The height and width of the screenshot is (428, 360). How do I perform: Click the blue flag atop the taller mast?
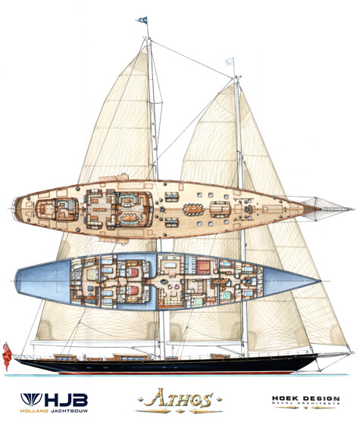(x=142, y=20)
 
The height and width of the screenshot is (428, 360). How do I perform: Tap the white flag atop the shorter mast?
(x=229, y=61)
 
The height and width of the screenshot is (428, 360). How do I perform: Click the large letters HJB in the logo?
(x=66, y=400)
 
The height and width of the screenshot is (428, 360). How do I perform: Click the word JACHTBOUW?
(x=69, y=411)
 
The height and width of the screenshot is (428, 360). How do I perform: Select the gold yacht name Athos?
(x=180, y=399)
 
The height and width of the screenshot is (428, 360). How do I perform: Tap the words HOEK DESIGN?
(x=305, y=398)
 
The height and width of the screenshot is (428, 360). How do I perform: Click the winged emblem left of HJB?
(x=31, y=399)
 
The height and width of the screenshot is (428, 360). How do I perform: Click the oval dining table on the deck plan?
(x=194, y=210)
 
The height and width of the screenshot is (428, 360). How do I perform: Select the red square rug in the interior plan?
(x=203, y=267)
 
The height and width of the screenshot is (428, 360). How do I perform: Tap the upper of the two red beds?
(x=133, y=272)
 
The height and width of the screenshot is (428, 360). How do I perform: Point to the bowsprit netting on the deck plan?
(x=327, y=209)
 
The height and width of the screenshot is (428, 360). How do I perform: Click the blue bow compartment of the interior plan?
(x=290, y=281)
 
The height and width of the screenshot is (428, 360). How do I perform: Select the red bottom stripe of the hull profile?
(x=176, y=373)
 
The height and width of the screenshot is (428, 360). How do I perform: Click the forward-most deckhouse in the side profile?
(x=220, y=356)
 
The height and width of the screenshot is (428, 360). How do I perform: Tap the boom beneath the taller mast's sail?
(x=94, y=342)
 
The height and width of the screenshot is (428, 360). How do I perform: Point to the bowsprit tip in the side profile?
(x=353, y=353)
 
